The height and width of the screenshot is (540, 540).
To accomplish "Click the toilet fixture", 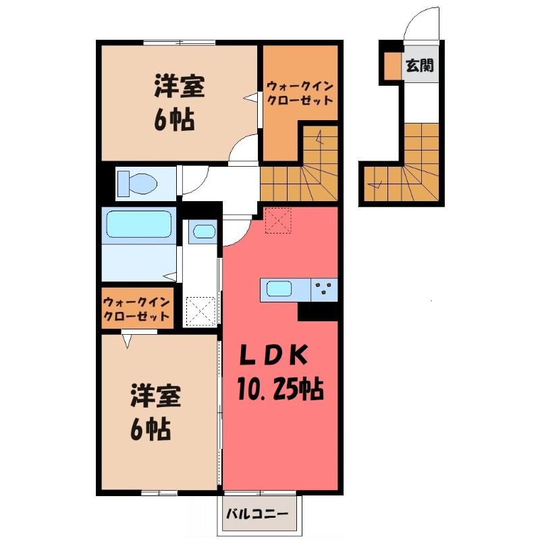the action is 137,183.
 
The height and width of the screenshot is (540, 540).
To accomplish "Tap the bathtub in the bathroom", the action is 139,224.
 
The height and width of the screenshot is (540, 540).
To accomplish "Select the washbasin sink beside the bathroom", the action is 204,231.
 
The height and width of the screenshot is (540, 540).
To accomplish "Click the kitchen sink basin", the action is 279,289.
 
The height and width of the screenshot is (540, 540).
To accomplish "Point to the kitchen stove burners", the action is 324,289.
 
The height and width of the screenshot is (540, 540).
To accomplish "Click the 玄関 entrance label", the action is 419,65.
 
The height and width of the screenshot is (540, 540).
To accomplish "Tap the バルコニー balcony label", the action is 257,514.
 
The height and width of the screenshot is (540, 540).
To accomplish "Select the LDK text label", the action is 273,356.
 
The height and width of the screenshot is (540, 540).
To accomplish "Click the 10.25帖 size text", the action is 280,389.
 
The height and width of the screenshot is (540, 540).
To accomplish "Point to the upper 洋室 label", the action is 179,86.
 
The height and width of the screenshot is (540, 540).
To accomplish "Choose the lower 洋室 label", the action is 156,397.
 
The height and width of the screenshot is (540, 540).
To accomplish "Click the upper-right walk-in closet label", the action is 300,93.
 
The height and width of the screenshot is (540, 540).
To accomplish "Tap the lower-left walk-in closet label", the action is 136,309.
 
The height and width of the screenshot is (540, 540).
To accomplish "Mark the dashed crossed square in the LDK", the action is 278,221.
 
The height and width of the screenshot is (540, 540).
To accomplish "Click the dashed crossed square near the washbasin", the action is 201,312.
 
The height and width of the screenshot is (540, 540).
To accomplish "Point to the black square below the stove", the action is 317,311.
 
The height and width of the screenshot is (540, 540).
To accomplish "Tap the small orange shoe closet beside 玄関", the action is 393,65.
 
